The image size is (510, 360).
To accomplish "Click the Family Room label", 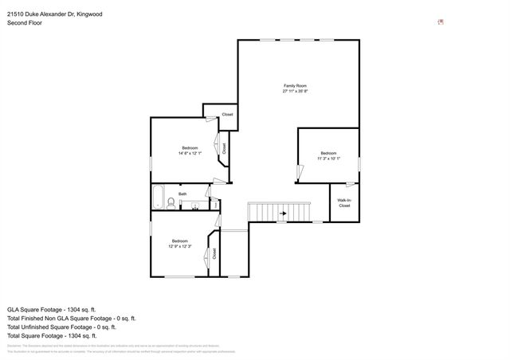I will click(x=296, y=85).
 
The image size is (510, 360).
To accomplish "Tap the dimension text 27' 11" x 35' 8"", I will click(x=296, y=92).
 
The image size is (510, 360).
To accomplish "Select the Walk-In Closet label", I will click(x=344, y=203).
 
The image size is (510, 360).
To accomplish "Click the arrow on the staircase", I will click(x=282, y=213).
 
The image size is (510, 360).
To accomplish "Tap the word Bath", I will click(x=182, y=194).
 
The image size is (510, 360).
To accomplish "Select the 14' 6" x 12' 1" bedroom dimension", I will click(x=190, y=153).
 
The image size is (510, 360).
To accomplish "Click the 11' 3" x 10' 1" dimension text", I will click(x=329, y=159).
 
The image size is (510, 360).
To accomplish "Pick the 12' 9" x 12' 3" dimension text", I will click(x=179, y=246).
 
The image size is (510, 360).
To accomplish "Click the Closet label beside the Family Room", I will click(x=227, y=115).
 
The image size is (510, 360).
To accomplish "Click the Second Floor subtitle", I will click(x=25, y=23).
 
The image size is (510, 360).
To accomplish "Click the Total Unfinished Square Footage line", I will click(x=61, y=327).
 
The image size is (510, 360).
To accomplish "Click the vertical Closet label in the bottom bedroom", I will click(x=214, y=254).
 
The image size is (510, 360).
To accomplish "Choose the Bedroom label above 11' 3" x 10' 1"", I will click(x=329, y=153).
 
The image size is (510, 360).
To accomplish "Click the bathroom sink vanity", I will click(x=194, y=205).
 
